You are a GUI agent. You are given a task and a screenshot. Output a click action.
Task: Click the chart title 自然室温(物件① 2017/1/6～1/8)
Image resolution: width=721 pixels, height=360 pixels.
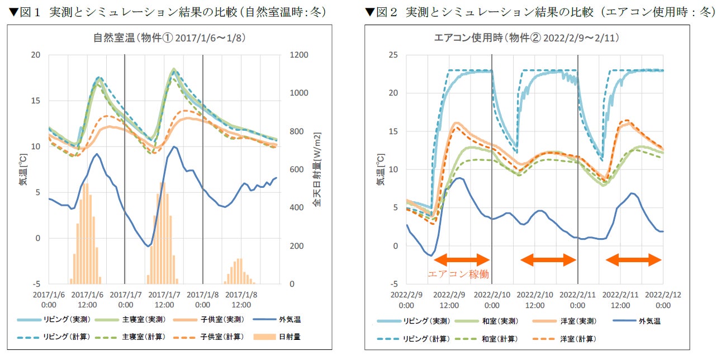click(169, 39)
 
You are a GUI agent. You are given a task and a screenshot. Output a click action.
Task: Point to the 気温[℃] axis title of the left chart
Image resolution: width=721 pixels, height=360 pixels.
click(24, 170)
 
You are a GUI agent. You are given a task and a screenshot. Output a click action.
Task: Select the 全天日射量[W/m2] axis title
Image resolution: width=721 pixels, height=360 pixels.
click(317, 170)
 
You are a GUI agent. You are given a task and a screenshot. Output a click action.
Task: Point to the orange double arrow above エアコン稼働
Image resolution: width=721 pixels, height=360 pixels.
click(462, 259)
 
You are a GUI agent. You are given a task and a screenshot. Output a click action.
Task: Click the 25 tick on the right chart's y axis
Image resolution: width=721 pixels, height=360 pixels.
click(393, 55)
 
